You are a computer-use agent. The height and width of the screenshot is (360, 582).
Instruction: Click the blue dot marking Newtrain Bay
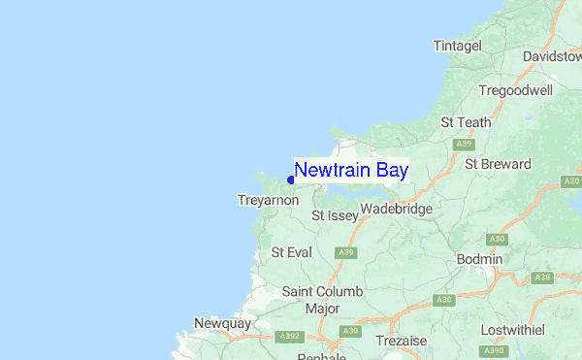tap(291, 180)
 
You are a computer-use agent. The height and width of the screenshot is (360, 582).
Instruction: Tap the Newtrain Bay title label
tap(351, 171)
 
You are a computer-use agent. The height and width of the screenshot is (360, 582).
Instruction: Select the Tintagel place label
tap(457, 46)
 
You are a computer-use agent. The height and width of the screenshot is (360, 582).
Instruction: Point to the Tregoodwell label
tap(515, 90)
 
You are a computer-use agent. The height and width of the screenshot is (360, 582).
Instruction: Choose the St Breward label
tap(498, 164)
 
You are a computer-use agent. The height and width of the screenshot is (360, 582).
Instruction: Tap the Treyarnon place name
tap(267, 200)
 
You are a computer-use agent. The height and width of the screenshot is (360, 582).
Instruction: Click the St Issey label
tap(334, 215)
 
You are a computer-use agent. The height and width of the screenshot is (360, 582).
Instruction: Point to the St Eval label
tap(291, 252)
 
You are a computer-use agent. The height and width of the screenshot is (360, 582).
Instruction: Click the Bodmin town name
tap(480, 259)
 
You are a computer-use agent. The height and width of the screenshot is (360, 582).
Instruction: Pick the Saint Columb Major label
tap(322, 300)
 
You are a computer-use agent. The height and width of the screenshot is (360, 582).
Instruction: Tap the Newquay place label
tap(222, 323)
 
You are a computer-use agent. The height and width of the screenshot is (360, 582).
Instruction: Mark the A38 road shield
tap(543, 278)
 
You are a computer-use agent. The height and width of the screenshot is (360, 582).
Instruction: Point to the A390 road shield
tap(494, 349)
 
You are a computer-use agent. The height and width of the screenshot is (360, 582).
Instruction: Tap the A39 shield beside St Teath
tap(465, 144)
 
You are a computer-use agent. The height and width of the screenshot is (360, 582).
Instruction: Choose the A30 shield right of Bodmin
tap(498, 239)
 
